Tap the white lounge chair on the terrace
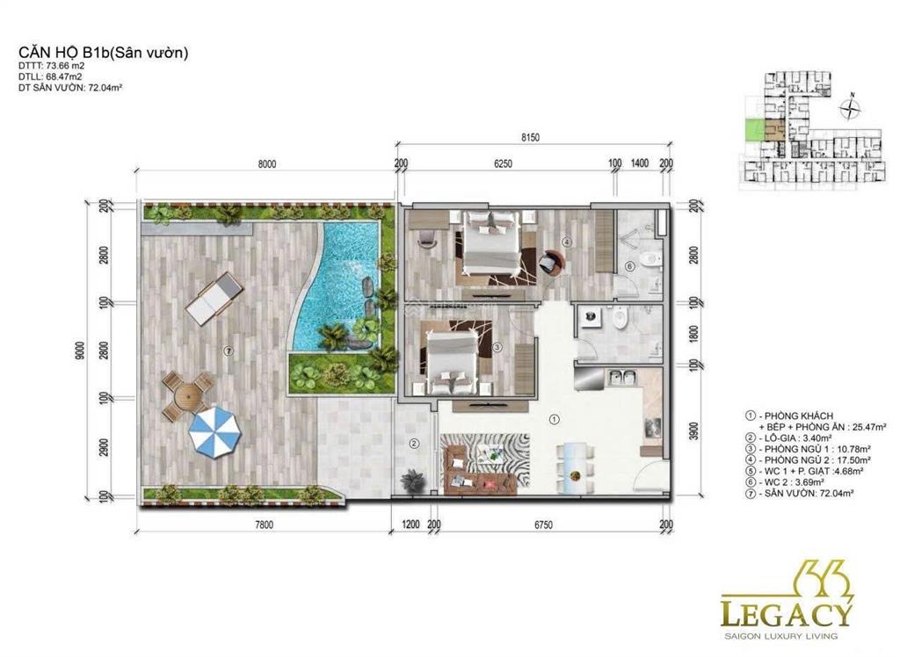[x=214, y=296]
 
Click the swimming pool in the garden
[x=338, y=281]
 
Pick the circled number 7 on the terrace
[x=229, y=351]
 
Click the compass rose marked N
[x=850, y=109]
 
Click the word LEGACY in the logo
[x=787, y=612]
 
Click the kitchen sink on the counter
[x=623, y=379]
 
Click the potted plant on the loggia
[x=411, y=481]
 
